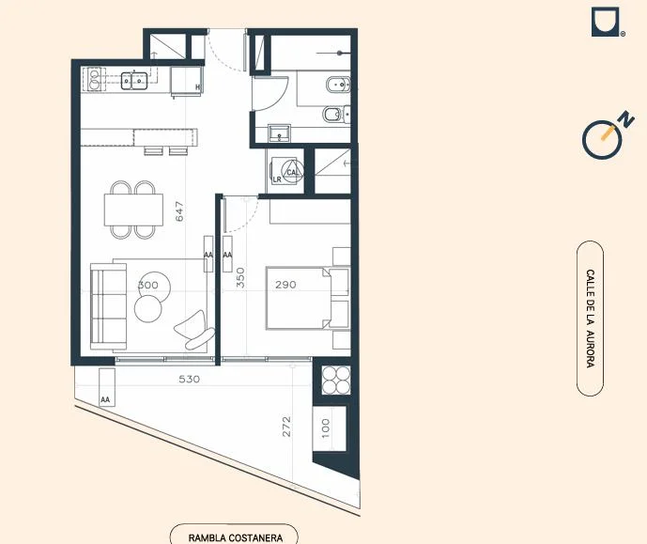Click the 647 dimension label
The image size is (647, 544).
179,211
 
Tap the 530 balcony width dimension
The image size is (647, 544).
190,379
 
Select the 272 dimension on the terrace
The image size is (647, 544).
286,427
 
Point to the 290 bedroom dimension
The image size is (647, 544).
286,285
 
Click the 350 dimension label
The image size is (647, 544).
240,278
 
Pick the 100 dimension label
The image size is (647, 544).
326,428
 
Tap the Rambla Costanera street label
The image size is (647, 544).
236,537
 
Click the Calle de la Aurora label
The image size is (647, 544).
591,319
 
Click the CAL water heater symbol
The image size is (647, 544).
292,171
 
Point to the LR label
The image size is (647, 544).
277,179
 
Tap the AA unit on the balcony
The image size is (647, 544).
107,388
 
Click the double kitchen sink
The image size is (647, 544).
134,81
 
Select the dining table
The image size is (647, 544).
133,210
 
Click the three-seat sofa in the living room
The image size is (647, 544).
108,306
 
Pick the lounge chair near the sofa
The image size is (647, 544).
194,330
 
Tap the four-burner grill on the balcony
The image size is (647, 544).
336,381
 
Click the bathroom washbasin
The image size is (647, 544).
279,132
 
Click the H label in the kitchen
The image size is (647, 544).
197,87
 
